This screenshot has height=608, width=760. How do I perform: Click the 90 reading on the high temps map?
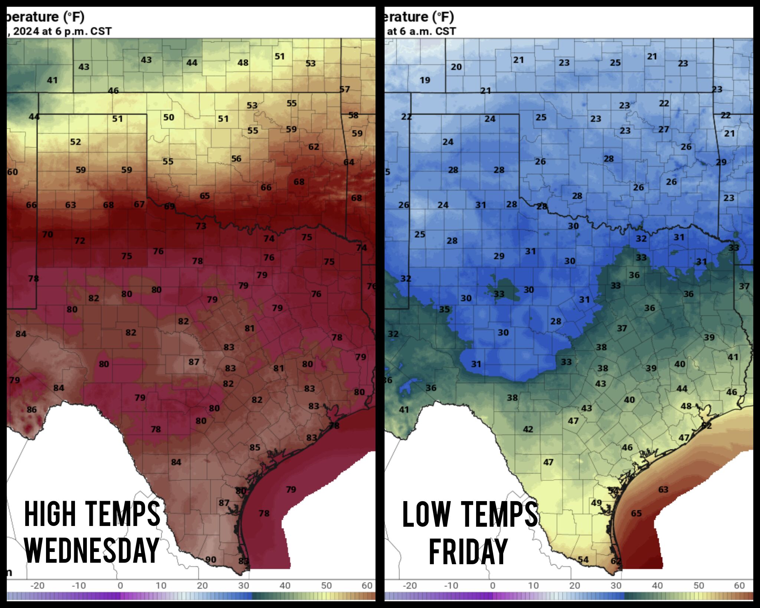[211, 559]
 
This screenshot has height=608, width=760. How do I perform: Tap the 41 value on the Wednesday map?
[52, 80]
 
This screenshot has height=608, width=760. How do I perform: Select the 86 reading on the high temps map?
[32, 409]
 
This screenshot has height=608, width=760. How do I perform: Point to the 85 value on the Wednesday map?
[255, 447]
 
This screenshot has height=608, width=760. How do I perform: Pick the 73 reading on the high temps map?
[201, 226]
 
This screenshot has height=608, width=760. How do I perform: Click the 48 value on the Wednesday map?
[243, 63]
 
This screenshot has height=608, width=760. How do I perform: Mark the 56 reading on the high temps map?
[236, 158]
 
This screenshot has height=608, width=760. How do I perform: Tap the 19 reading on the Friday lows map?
[425, 80]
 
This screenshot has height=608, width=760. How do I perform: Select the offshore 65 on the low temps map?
[636, 513]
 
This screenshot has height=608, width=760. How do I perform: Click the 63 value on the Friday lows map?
[663, 490]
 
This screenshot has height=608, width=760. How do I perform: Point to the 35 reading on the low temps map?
[444, 309]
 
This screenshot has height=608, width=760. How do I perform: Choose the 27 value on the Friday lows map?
[664, 129]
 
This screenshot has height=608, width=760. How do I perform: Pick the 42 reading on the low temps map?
[528, 429]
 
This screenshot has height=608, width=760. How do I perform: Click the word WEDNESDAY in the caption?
[92, 550]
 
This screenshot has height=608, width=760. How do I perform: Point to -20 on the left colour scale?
[37, 585]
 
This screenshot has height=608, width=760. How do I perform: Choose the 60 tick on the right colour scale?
[739, 585]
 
